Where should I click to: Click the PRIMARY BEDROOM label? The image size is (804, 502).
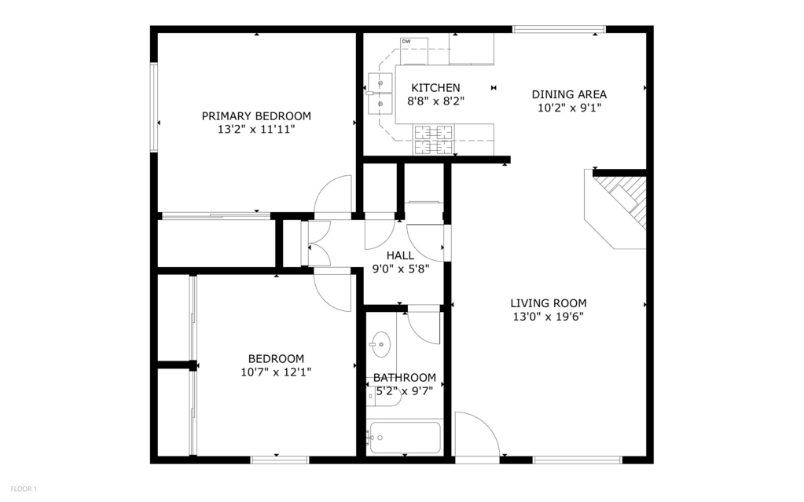tap(256, 115)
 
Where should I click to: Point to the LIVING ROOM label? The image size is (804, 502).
tap(548, 303)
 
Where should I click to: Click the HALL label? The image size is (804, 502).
tap(400, 255)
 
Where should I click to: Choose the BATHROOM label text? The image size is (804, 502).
tap(404, 377)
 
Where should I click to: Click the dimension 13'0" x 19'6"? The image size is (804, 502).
tap(548, 317)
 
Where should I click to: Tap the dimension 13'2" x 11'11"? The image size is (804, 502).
tap(256, 130)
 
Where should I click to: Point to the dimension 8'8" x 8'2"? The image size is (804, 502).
tap(435, 101)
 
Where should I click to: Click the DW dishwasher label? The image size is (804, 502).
tap(406, 42)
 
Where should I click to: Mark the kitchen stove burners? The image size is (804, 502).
tap(434, 139)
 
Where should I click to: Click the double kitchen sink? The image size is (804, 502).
tap(380, 92)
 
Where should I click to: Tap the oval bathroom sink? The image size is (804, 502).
tap(381, 343)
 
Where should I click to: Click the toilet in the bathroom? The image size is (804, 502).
tap(385, 397)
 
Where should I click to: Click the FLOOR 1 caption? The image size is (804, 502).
tap(24, 489)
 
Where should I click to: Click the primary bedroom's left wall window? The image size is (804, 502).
tap(154, 107)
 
